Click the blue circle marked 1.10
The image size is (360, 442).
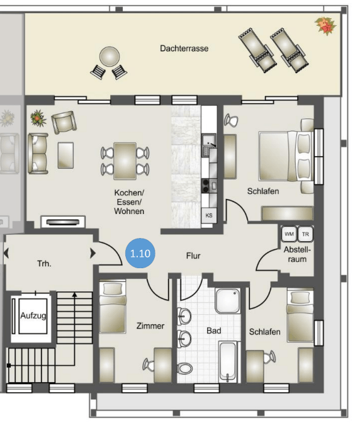click(x=140, y=253)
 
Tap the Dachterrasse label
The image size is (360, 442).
click(x=184, y=48)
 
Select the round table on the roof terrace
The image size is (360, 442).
click(x=110, y=57)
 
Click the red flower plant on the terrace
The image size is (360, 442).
click(x=325, y=26)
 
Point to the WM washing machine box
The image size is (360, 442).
click(x=289, y=234)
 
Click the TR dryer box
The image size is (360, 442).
click(x=305, y=234)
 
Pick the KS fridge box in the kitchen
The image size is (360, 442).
click(x=209, y=215)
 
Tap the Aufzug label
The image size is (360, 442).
click(x=33, y=315)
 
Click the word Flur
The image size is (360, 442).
click(x=193, y=256)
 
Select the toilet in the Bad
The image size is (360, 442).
click(x=185, y=368)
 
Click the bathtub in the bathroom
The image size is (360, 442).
click(x=227, y=361)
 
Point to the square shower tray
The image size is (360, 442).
click(x=228, y=301)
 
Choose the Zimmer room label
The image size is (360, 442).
click(x=150, y=326)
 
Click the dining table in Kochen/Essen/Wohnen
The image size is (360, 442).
click(x=125, y=161)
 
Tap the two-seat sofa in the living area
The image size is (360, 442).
click(x=38, y=154)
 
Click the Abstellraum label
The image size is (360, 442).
click(x=297, y=254)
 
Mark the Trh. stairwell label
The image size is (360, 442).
click(x=45, y=264)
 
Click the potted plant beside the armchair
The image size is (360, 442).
click(x=38, y=118)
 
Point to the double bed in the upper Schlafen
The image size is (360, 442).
click(x=286, y=156)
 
